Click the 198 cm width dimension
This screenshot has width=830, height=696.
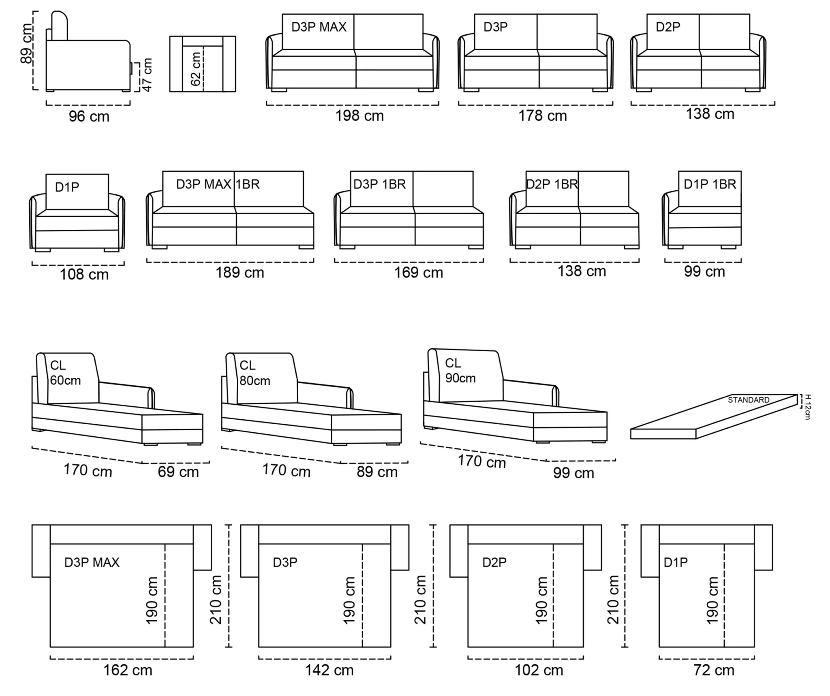(x=359, y=116)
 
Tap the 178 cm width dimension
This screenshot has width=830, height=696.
(x=543, y=116)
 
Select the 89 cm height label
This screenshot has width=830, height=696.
(x=26, y=43)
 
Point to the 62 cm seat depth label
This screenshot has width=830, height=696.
(x=195, y=68)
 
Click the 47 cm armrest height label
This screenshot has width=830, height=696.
(x=147, y=75)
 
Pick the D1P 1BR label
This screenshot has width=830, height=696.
(x=710, y=184)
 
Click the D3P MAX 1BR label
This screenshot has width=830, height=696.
(x=218, y=184)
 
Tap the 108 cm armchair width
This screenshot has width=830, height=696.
(x=84, y=275)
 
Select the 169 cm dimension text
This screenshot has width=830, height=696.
(x=419, y=272)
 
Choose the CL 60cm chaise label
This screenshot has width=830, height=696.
(x=65, y=373)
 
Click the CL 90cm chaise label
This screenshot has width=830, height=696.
(x=460, y=370)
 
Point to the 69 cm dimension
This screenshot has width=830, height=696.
(x=178, y=472)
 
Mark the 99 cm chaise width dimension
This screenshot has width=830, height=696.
(x=573, y=473)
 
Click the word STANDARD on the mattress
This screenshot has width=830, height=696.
(x=749, y=400)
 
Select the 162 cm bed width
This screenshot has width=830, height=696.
(x=128, y=670)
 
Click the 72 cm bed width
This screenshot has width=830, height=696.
(x=714, y=670)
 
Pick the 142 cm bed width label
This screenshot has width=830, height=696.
(x=329, y=670)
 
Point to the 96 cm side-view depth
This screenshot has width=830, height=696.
(x=89, y=117)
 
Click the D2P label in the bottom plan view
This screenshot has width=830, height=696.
(x=494, y=562)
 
